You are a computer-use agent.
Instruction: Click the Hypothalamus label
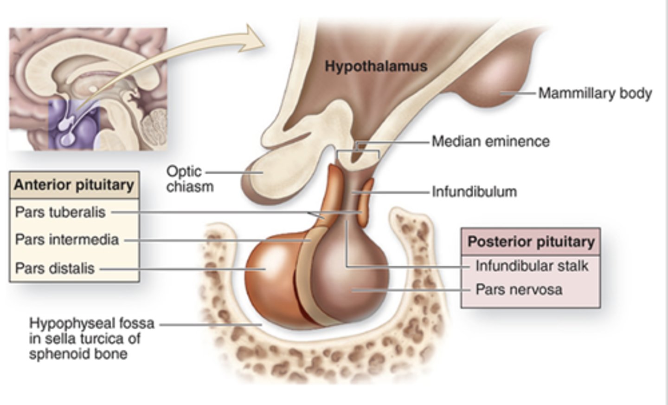(x=376, y=66)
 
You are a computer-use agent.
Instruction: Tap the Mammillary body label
(x=595, y=93)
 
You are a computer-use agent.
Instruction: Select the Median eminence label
(x=490, y=141)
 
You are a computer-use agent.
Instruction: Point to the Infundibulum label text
(x=474, y=191)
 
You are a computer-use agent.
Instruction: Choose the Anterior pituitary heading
(x=74, y=185)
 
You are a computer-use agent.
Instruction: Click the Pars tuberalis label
(x=60, y=212)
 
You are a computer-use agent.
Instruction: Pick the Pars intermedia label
(x=67, y=240)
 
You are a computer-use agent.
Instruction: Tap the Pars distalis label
(x=55, y=268)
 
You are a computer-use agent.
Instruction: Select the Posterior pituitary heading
(x=531, y=242)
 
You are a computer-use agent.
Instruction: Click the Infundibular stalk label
(x=532, y=266)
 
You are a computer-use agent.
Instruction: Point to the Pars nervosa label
(x=519, y=289)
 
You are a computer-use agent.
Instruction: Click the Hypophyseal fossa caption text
(x=91, y=338)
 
